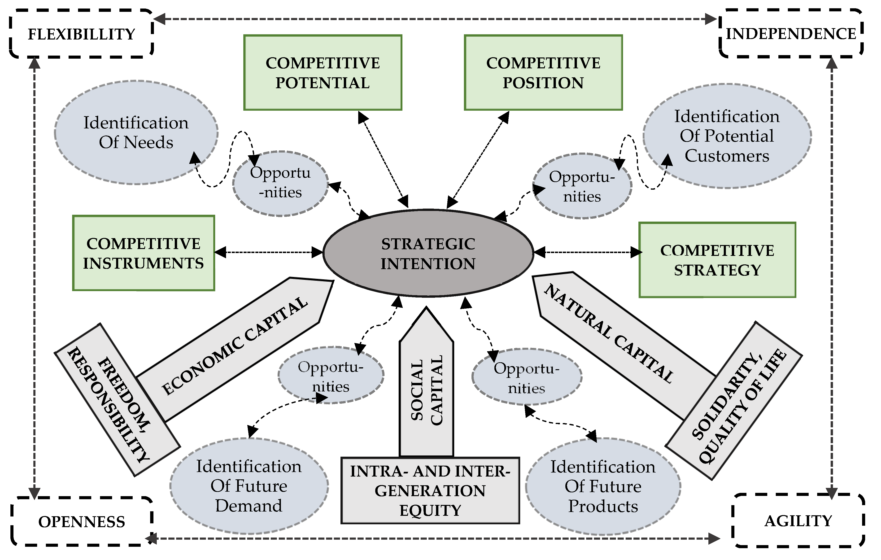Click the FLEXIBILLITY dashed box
click(x=81, y=34)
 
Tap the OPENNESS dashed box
click(x=81, y=521)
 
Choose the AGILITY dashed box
click(x=798, y=521)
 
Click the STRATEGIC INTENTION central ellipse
click(x=428, y=253)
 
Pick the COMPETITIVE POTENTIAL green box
click(x=323, y=72)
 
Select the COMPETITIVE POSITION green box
click(x=543, y=72)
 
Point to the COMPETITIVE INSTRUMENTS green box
click(x=144, y=253)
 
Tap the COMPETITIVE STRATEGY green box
click(x=717, y=260)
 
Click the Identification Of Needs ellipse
click(x=136, y=132)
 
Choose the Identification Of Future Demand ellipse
click(x=249, y=486)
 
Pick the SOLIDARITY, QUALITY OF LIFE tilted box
click(x=733, y=401)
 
